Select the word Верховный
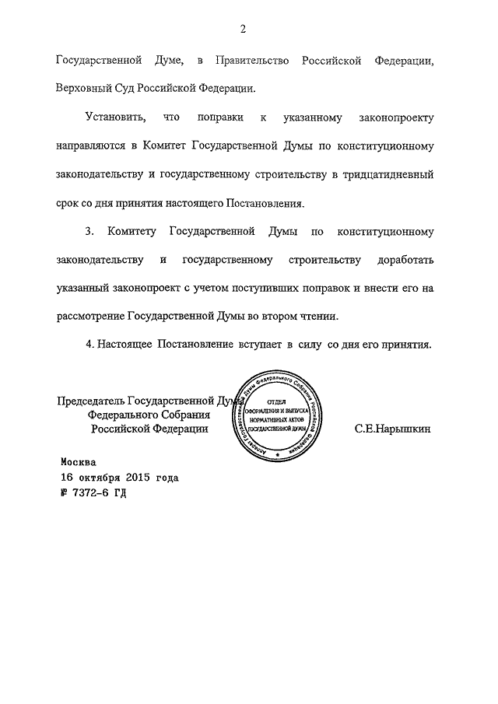point(87,88)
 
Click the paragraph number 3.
point(89,233)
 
